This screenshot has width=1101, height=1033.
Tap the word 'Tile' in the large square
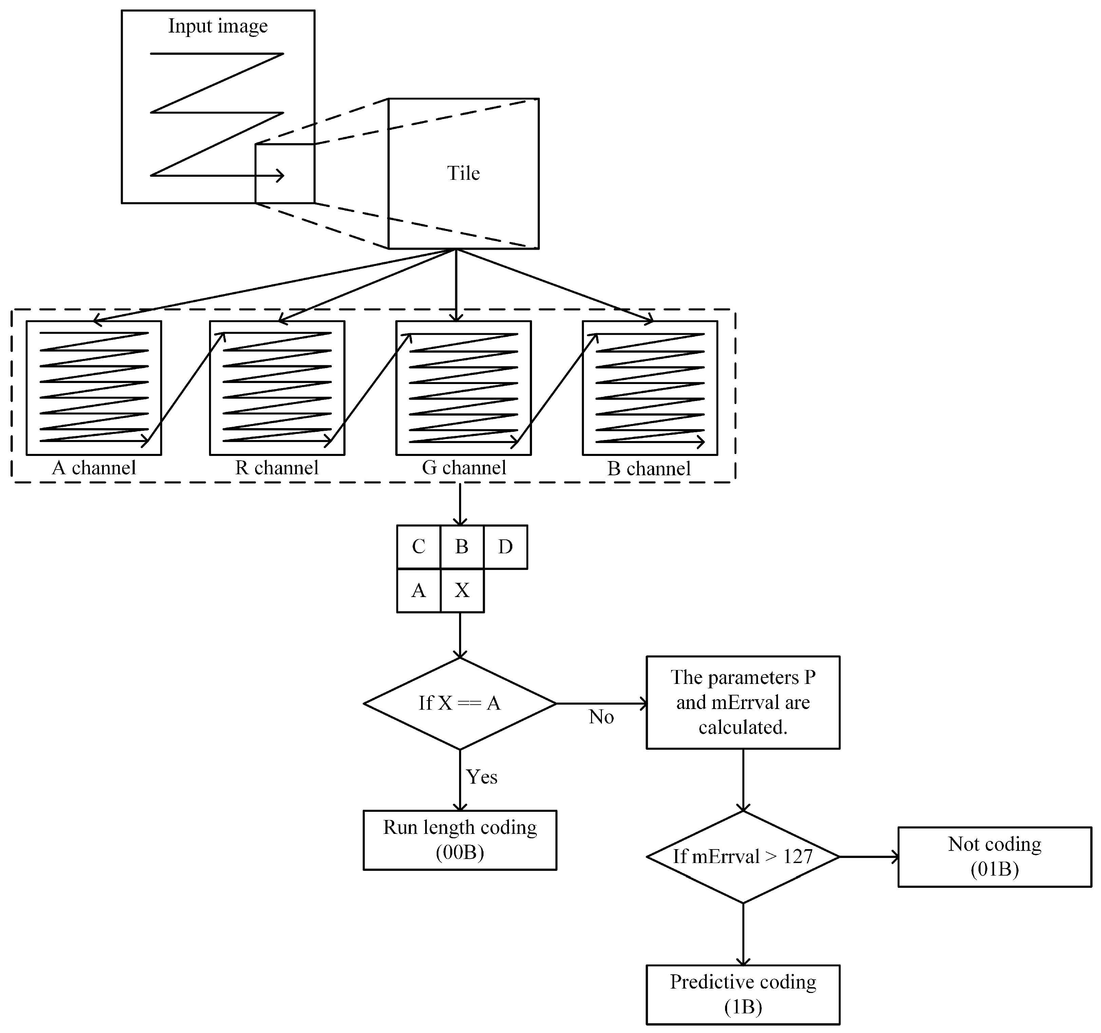coord(463,173)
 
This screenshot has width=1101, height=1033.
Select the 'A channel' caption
coord(94,468)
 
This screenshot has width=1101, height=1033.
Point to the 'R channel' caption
coord(277,468)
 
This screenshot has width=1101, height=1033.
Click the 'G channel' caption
coord(463,468)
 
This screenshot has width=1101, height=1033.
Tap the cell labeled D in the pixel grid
coord(505,547)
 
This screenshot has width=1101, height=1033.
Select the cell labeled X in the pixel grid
coord(462,590)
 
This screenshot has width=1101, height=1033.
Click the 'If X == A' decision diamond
coord(460,704)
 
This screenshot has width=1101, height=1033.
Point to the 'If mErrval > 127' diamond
coord(743,857)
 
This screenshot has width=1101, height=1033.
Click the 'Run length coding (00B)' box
coord(460,840)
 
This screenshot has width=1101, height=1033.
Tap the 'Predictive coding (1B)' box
coord(743,994)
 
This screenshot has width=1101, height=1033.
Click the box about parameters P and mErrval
coord(743,702)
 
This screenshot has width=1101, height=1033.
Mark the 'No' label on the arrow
coord(601,717)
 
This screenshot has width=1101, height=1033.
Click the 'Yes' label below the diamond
coord(481,777)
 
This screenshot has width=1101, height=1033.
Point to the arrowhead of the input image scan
coord(281,176)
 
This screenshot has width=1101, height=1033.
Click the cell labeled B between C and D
coord(462,547)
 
